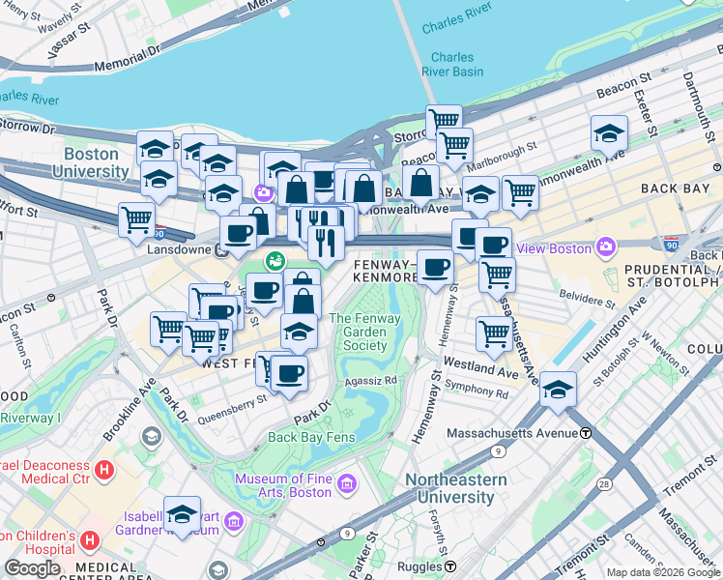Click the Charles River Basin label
click(452, 64)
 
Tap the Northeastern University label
click(455, 488)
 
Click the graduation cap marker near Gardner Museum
click(182, 513)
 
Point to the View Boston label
click(554, 248)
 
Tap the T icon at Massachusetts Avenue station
click(586, 432)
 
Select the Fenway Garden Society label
click(359, 332)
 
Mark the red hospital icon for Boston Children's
click(90, 538)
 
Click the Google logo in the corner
click(32, 568)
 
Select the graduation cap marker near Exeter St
click(609, 133)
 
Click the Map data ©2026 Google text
click(662, 572)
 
